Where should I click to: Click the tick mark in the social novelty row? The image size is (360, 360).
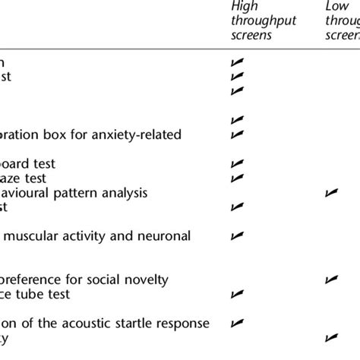(x=331, y=279)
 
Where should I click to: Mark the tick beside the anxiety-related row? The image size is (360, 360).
(x=237, y=134)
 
